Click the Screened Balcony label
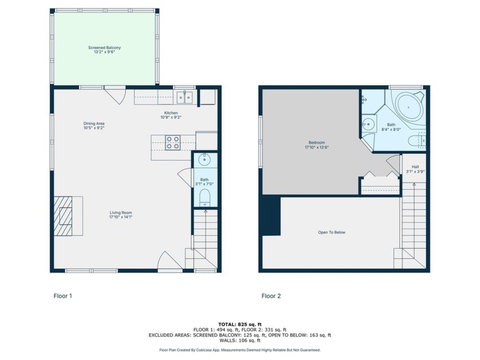click(105, 48)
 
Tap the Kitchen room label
click(171, 113)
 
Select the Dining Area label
click(94, 123)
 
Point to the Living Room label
click(121, 213)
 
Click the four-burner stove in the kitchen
click(173, 143)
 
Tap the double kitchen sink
click(185, 97)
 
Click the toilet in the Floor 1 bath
click(205, 198)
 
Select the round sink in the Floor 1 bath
click(204, 159)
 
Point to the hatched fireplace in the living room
click(63, 216)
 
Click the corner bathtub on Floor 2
click(409, 107)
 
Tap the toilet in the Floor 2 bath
click(417, 141)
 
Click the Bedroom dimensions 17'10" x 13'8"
click(317, 147)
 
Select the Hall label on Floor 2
click(415, 167)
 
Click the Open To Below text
click(331, 233)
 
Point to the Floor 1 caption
click(63, 296)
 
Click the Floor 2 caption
click(271, 296)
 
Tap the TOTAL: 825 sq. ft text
click(240, 325)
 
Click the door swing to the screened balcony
click(115, 95)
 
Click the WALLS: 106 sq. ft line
click(240, 341)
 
